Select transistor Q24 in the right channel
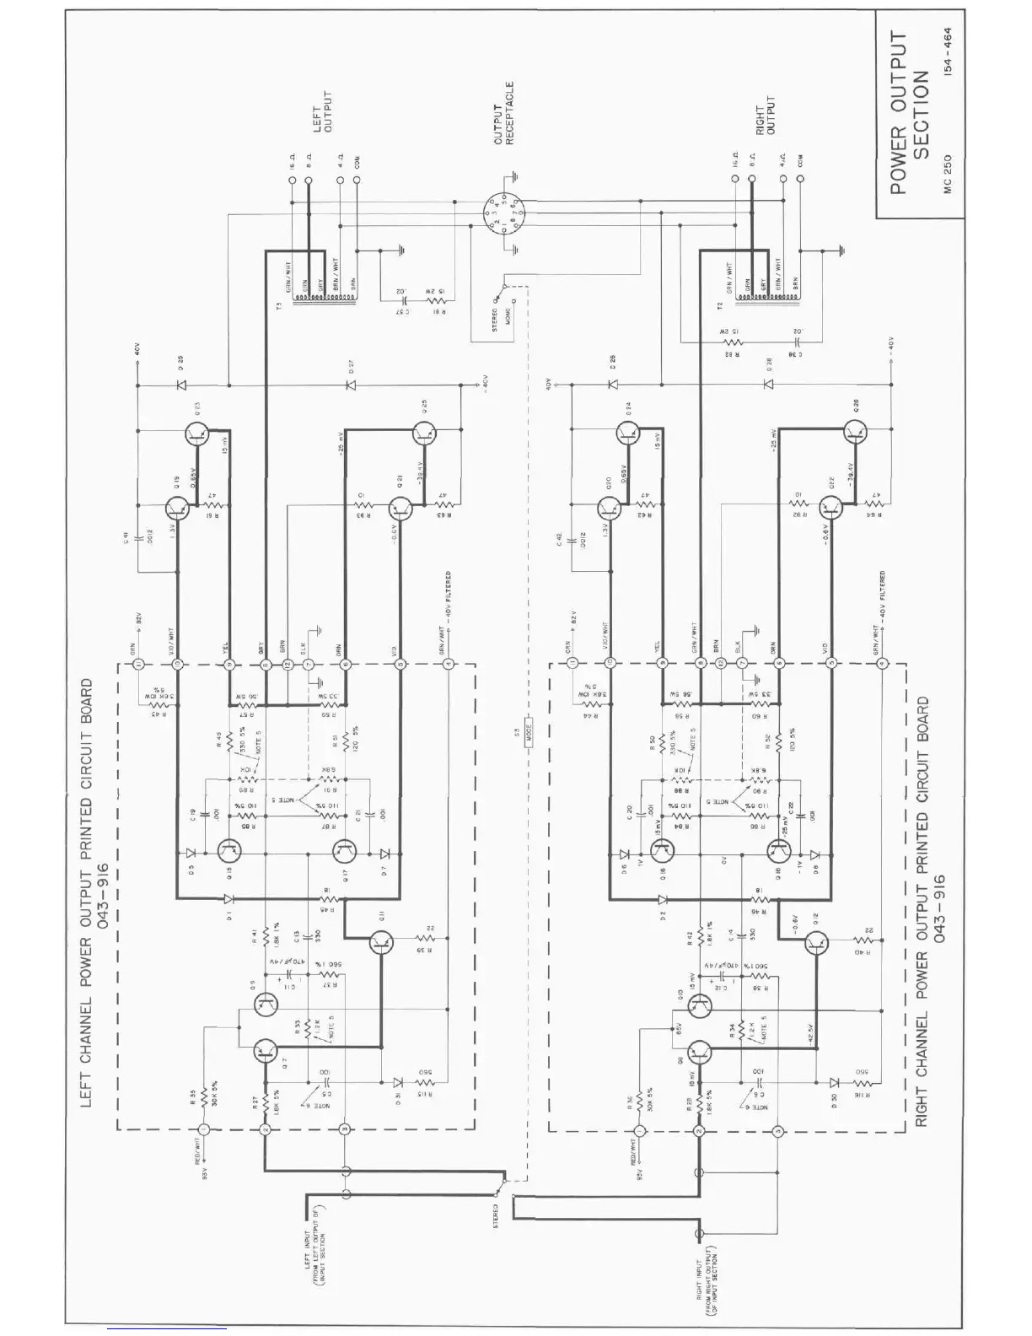click(x=628, y=435)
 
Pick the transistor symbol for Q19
click(x=177, y=508)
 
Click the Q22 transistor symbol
click(x=830, y=507)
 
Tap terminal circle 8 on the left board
click(x=266, y=665)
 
